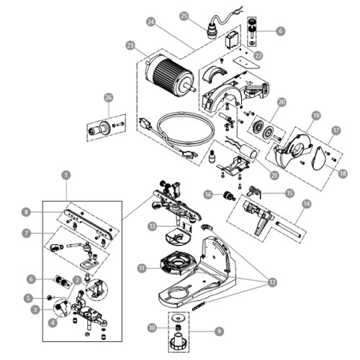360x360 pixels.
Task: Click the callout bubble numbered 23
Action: point(130,45)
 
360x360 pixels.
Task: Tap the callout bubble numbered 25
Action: point(184,16)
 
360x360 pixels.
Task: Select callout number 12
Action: point(272,282)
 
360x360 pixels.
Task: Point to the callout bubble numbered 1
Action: point(66,175)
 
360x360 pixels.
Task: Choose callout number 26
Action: point(109,97)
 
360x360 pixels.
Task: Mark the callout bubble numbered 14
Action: point(307,204)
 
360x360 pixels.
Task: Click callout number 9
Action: point(219,331)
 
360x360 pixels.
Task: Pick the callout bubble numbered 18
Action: point(343,174)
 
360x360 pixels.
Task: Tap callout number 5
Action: point(28,298)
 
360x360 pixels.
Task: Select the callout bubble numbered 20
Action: point(282,102)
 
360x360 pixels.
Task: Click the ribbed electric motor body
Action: point(170,75)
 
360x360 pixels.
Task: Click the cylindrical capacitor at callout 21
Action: point(253,152)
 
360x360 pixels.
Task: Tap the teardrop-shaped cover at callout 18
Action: point(320,158)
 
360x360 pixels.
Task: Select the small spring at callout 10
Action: point(178,328)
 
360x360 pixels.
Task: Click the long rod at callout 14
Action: point(289,230)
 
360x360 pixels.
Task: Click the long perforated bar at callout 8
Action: point(89,224)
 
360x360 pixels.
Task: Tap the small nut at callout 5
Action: point(50,298)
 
